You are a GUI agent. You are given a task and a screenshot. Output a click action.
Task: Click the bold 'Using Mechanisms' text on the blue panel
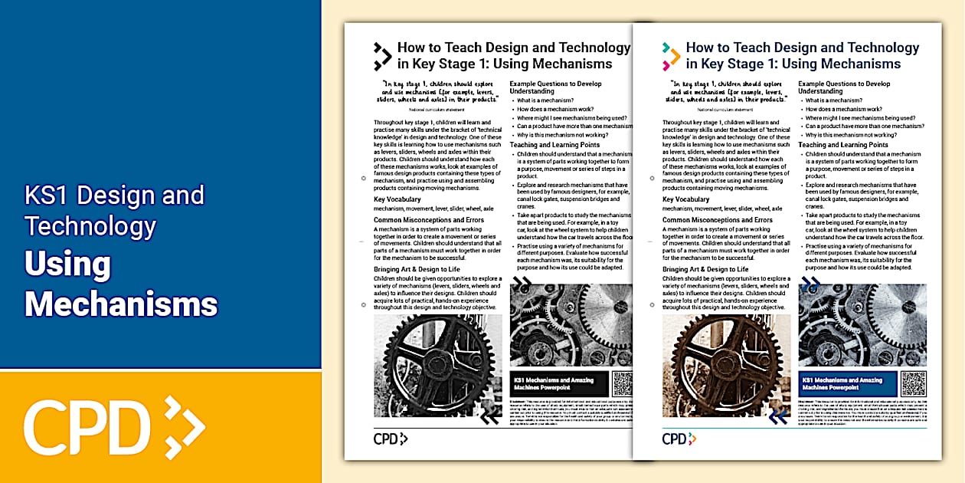pos(120,284)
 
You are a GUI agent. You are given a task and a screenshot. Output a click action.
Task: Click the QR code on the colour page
pos(914,384)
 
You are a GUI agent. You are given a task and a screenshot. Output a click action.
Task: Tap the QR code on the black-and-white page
pos(623,384)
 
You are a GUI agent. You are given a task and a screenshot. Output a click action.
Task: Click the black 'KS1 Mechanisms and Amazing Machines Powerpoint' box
pos(559,384)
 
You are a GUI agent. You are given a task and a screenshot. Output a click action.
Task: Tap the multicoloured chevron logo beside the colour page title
pos(671,56)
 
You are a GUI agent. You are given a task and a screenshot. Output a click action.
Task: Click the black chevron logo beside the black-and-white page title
pos(382,56)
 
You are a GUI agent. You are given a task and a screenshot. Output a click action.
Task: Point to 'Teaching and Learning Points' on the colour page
pos(842,145)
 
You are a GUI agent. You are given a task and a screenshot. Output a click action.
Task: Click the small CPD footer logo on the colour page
pos(679,439)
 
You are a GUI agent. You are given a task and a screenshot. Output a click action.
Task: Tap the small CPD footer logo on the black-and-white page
pos(391,439)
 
